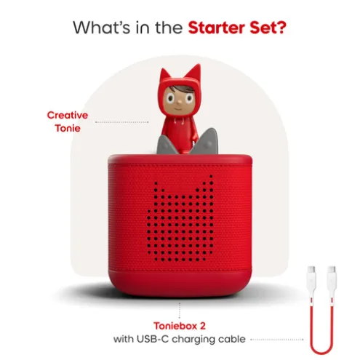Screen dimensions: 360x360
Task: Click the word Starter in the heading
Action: click(217, 28)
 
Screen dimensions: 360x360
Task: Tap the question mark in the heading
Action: click(281, 28)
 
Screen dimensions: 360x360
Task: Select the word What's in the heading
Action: click(102, 28)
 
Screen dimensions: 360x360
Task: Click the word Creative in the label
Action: click(68, 115)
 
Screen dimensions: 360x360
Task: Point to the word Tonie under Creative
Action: click(68, 128)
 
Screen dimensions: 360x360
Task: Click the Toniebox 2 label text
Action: click(180, 326)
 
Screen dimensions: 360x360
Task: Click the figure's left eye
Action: click(170, 98)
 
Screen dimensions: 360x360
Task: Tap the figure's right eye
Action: click(189, 98)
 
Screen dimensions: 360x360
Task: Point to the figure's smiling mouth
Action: click(179, 108)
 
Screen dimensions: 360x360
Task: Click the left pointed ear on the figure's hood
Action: click(164, 75)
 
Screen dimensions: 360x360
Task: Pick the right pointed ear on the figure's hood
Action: click(194, 71)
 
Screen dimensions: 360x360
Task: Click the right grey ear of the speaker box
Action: click(206, 142)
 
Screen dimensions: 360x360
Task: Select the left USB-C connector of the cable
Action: click(311, 273)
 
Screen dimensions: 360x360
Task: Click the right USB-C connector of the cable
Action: click(332, 273)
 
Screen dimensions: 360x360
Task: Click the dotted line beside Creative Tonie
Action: click(122, 122)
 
